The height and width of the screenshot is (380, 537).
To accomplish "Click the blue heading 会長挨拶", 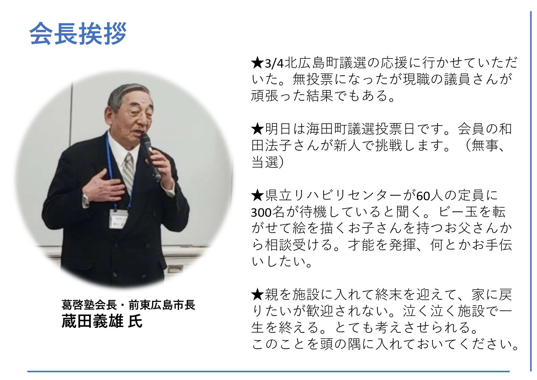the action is point(78,33).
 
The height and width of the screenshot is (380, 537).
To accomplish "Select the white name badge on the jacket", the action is point(119,219).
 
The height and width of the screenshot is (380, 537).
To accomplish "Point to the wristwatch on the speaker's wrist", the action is point(86,200).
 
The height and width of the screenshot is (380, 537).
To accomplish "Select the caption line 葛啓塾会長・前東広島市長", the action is point(128,305).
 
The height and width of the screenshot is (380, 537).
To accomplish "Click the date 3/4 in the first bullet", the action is point(274,64).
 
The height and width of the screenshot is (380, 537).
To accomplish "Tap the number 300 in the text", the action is point(261,213).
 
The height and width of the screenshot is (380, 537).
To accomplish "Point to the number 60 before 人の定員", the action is point(423,196).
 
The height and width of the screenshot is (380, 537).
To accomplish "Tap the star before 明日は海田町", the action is point(257,129).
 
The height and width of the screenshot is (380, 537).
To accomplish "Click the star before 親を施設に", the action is point(257,295).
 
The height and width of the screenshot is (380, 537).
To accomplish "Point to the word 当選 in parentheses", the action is point(265,162).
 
